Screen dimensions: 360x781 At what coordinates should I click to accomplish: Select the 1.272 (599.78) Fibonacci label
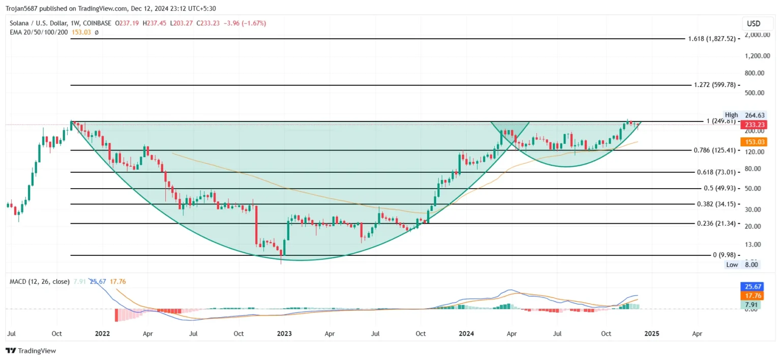pyautogui.click(x=715, y=85)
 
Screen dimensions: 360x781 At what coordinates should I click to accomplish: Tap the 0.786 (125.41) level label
pyautogui.click(x=715, y=150)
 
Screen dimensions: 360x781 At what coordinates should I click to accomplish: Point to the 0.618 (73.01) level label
pyautogui.click(x=716, y=172)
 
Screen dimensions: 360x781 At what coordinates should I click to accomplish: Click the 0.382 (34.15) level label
pyautogui.click(x=716, y=204)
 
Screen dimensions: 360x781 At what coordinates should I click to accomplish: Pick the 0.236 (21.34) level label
pyautogui.click(x=716, y=223)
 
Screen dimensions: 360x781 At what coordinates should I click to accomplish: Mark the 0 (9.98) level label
pyautogui.click(x=724, y=255)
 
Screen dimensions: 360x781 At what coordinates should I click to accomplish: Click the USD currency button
pyautogui.click(x=753, y=23)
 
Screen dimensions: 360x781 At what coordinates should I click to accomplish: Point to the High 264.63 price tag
pyautogui.click(x=744, y=115)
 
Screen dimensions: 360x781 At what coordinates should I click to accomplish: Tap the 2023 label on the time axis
pyautogui.click(x=284, y=334)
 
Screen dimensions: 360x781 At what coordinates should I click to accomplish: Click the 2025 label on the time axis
pyautogui.click(x=652, y=334)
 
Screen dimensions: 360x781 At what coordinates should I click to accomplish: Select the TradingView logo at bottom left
pyautogui.click(x=31, y=351)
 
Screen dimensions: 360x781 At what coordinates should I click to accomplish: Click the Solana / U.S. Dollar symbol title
pyautogui.click(x=38, y=23)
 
